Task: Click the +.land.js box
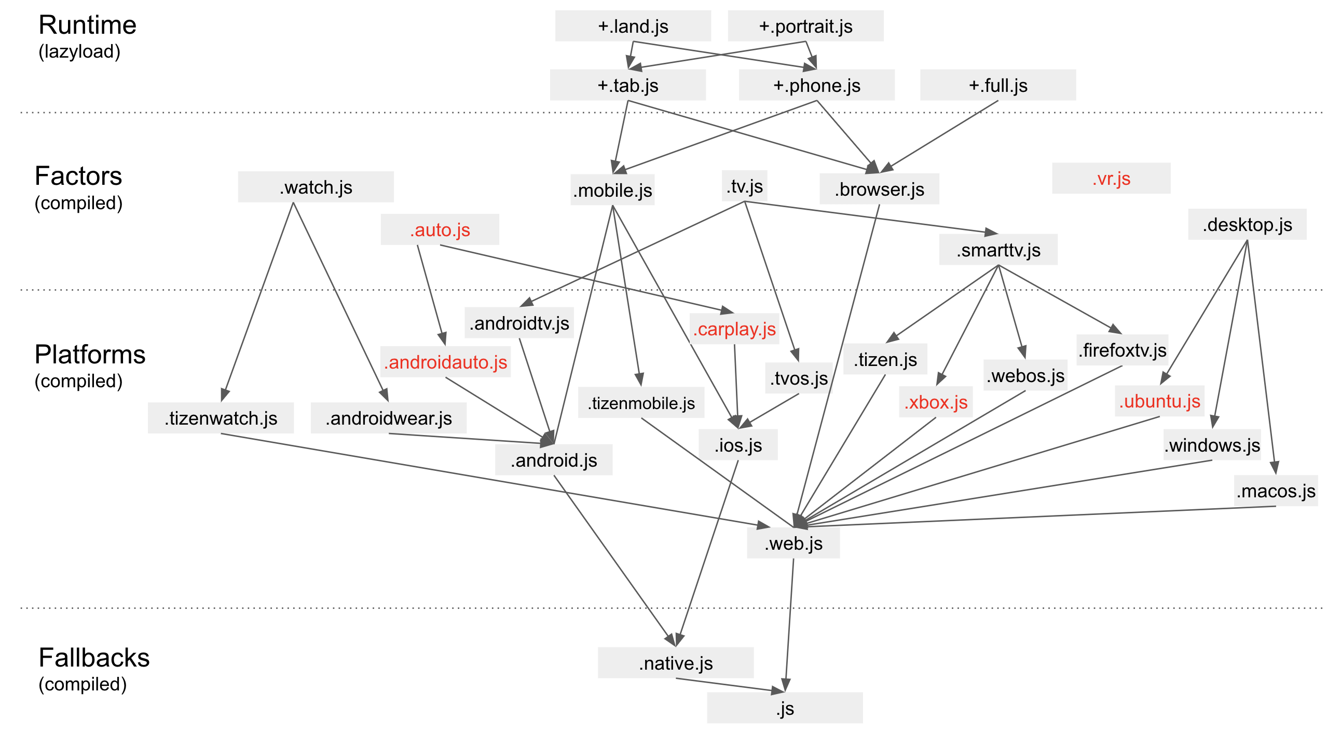click(633, 26)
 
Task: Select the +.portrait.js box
click(805, 26)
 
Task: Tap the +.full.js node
click(997, 85)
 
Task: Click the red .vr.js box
click(1111, 179)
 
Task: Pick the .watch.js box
click(316, 187)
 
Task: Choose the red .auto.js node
click(440, 229)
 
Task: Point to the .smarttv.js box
click(997, 250)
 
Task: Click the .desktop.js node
click(1247, 224)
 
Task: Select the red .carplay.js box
click(734, 329)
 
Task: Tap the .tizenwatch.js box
click(221, 418)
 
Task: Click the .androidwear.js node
click(388, 418)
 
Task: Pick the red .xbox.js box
click(936, 402)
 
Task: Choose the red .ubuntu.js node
click(1159, 401)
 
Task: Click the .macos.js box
click(1276, 491)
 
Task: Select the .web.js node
click(793, 544)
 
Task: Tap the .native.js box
click(675, 663)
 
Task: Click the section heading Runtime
click(88, 25)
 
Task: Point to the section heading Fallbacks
click(94, 658)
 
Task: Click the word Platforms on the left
click(90, 355)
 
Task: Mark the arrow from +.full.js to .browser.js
click(939, 136)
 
